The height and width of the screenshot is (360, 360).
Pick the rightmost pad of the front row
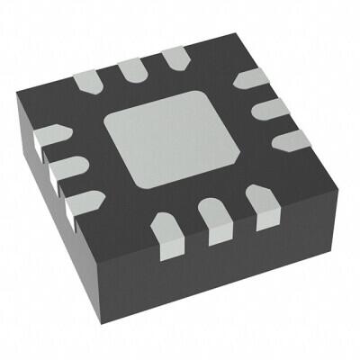[264, 209]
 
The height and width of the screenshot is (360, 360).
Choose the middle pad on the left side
[58, 166]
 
